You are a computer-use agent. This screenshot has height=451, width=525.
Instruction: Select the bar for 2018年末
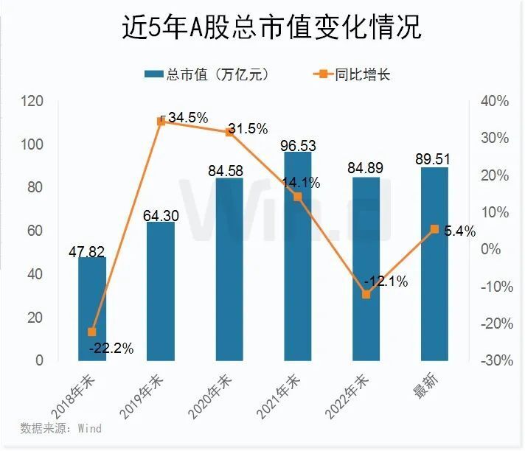[x=92, y=310]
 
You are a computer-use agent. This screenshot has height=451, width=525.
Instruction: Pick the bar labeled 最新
[x=434, y=295]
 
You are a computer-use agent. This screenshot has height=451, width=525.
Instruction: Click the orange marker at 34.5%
[x=164, y=121]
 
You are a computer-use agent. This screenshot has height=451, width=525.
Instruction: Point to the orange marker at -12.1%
[x=366, y=294]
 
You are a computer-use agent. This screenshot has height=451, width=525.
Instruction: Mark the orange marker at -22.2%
[x=92, y=332]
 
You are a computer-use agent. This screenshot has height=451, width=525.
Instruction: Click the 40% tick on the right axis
[x=493, y=101]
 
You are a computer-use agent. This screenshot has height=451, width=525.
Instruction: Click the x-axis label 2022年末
[x=352, y=391]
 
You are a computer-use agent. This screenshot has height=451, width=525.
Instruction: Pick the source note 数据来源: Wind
[x=61, y=428]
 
